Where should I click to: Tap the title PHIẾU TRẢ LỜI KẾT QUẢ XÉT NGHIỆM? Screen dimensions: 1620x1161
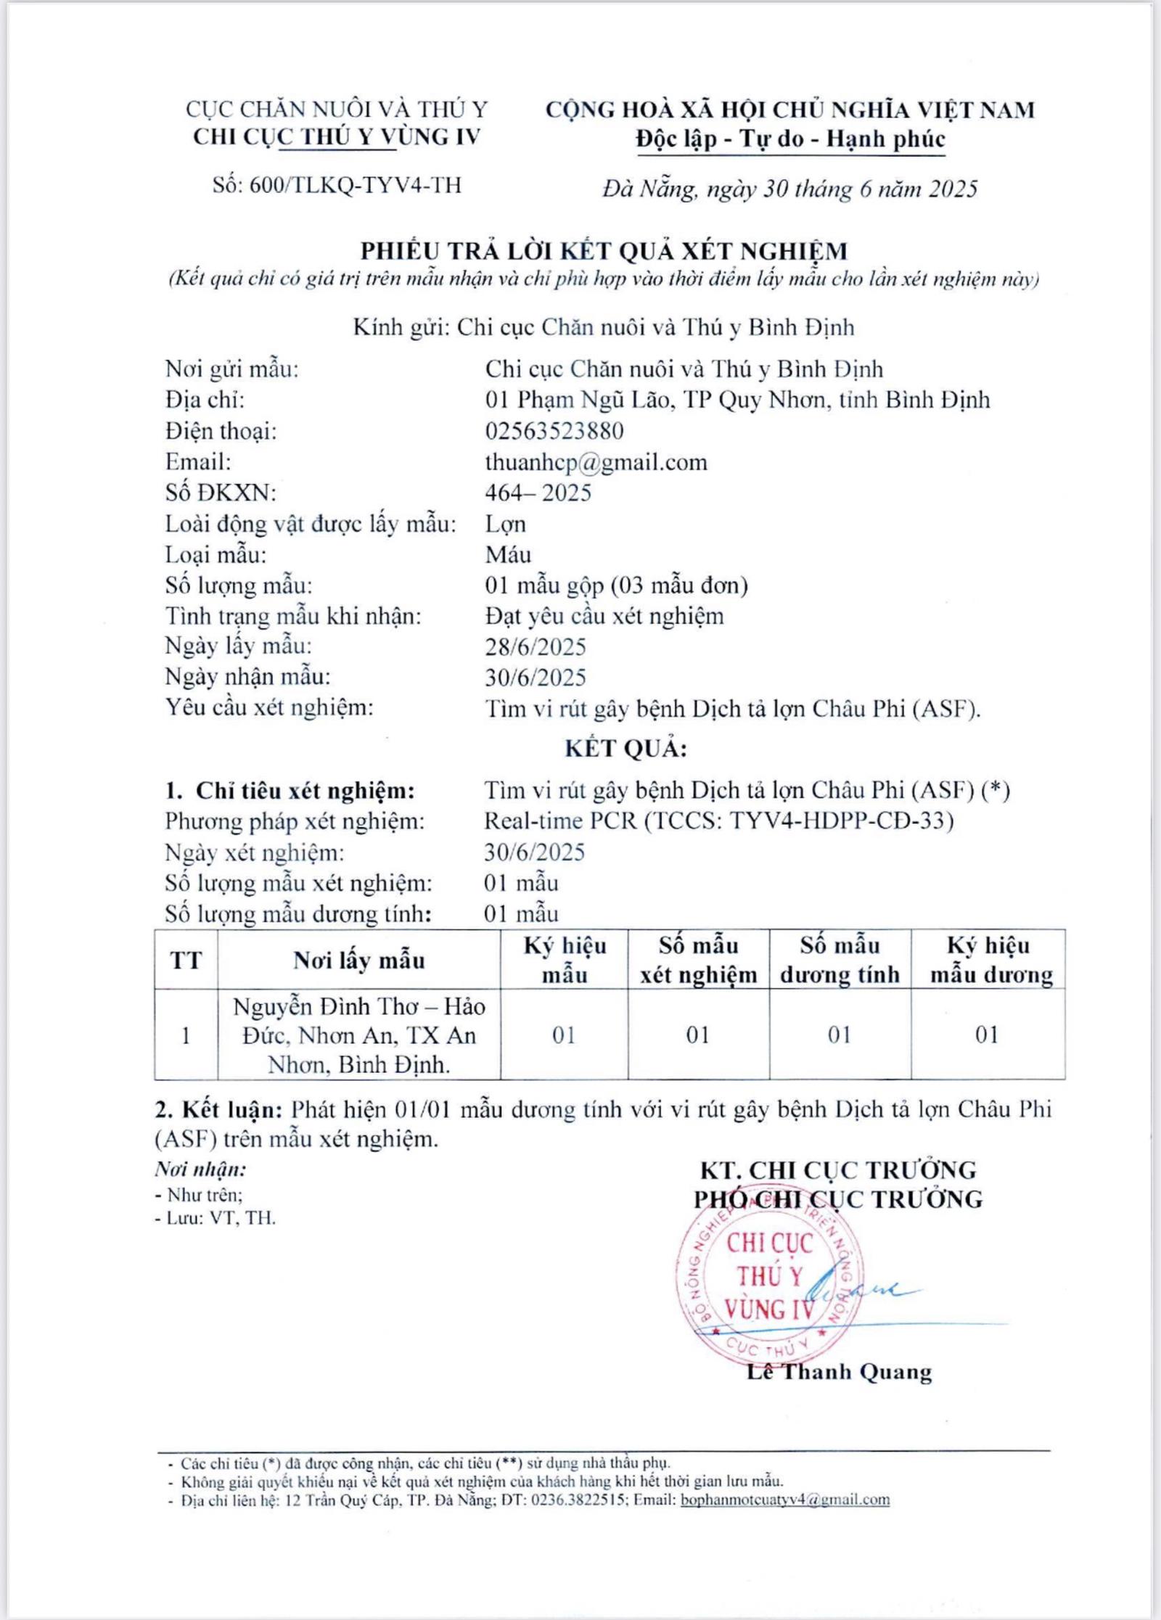click(x=604, y=251)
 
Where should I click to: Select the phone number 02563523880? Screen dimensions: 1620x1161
click(x=554, y=431)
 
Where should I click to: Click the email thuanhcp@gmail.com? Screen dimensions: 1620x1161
click(x=596, y=462)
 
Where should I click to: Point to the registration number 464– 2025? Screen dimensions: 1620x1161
click(x=538, y=493)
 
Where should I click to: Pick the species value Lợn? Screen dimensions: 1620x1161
click(x=505, y=524)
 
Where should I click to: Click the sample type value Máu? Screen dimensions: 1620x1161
click(x=508, y=555)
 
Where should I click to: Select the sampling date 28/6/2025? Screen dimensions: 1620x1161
click(x=536, y=646)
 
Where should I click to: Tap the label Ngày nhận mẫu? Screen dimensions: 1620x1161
click(x=247, y=677)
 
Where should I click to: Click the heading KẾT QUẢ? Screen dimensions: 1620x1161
click(x=625, y=749)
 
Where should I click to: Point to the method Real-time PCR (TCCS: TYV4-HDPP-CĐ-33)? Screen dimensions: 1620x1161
click(x=718, y=821)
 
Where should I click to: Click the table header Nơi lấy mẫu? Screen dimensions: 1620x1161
click(x=358, y=961)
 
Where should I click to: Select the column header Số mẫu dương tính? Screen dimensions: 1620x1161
click(x=840, y=960)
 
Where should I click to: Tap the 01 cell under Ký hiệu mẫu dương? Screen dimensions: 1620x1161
click(x=987, y=1035)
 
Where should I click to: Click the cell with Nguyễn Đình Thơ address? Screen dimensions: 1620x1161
click(x=358, y=1035)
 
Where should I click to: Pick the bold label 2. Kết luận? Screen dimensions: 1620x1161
click(x=218, y=1109)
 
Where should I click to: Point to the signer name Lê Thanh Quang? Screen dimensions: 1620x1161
click(x=840, y=1372)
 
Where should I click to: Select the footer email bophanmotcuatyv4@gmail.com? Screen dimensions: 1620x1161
click(x=784, y=1500)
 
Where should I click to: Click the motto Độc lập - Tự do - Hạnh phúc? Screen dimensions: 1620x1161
click(x=790, y=139)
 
